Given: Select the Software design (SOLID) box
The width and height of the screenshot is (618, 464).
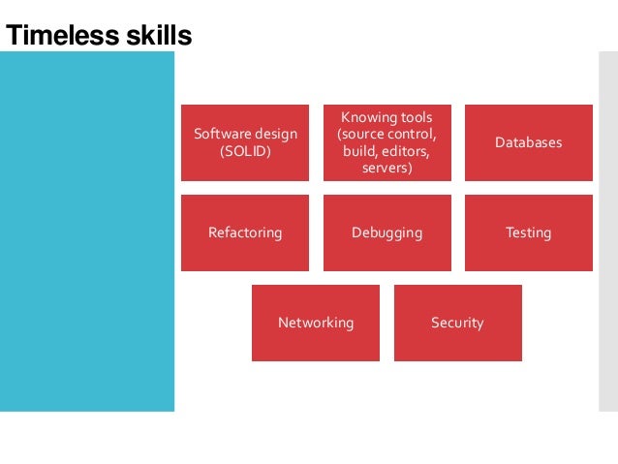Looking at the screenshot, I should point(245,142).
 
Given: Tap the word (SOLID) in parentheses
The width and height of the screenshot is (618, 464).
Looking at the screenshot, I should point(246,152).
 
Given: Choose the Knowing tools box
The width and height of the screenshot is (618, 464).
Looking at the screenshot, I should point(386,142).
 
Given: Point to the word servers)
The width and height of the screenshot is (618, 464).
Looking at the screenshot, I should point(387,169).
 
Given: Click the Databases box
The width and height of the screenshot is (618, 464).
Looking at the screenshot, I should point(528,142).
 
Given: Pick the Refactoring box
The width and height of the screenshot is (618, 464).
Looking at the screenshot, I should point(245,232).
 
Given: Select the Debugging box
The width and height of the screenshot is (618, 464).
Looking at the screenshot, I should point(386,232).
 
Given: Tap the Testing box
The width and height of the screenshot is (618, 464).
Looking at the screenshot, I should point(528,232).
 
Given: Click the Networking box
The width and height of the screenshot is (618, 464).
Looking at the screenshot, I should point(316,323).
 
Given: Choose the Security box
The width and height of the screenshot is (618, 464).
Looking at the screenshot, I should point(457,323).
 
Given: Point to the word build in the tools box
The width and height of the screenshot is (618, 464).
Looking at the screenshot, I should point(357,152).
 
